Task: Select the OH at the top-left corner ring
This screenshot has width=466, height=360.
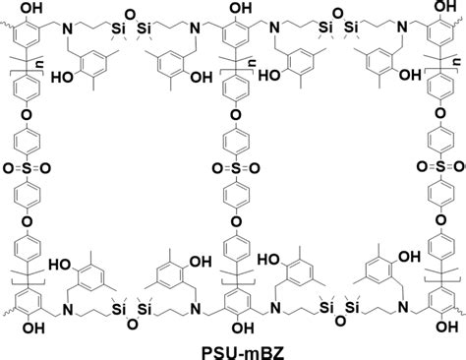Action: pyautogui.click(x=31, y=9)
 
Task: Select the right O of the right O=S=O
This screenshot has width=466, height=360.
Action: pyautogui.click(x=457, y=168)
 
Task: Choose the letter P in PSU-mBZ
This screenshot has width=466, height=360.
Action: pyautogui.click(x=202, y=348)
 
